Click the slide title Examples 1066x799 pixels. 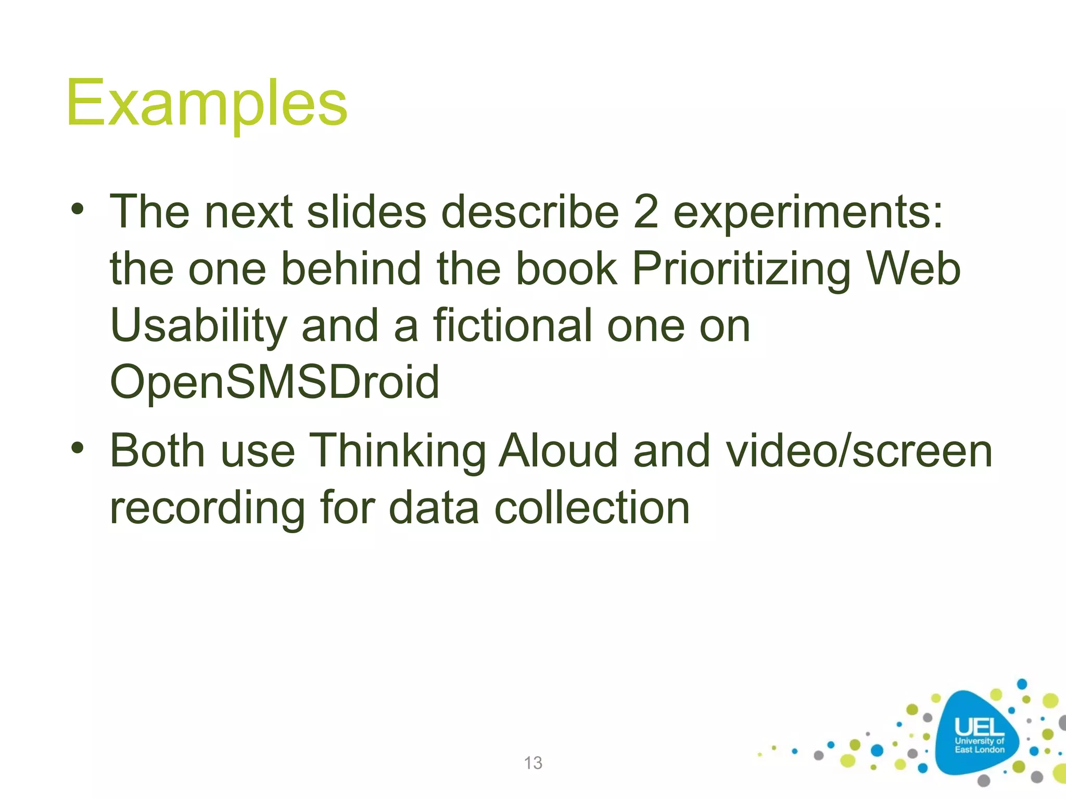(207, 103)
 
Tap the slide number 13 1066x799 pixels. (533, 763)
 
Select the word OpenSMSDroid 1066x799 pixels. (275, 382)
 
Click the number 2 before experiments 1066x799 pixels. (646, 212)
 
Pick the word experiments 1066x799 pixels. (808, 213)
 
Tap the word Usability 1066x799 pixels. (199, 327)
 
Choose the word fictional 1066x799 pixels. (512, 326)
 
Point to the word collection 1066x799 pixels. (592, 508)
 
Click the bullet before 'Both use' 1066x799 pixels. (78, 447)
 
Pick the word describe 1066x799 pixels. (530, 212)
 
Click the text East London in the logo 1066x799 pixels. (980, 750)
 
